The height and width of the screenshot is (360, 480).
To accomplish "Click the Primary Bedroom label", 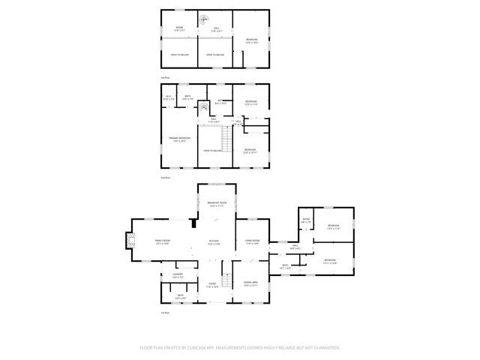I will [x=179, y=139].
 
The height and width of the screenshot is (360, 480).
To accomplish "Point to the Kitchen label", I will [x=214, y=241].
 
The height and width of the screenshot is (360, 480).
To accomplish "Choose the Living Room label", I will [x=252, y=241].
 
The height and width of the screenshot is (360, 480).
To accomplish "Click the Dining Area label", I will [x=250, y=284].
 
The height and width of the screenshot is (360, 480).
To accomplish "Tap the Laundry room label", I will [x=178, y=275].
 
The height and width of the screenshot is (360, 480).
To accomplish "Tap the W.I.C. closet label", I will [x=169, y=97].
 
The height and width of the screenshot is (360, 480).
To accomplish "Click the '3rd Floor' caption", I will [x=165, y=78].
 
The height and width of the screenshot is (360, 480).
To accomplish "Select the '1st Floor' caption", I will [x=165, y=313].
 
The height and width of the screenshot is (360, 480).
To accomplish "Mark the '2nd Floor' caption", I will [x=165, y=178].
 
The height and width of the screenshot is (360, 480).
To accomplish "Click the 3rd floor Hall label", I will [x=215, y=28].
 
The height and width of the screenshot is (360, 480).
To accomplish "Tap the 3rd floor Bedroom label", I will [x=251, y=40].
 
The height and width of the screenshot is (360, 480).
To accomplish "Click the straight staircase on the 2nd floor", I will [x=225, y=139].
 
